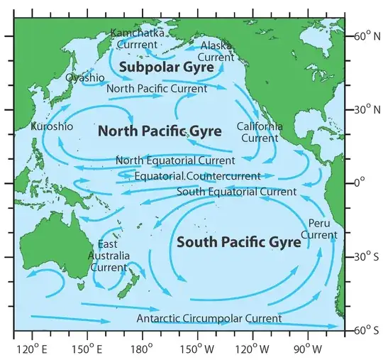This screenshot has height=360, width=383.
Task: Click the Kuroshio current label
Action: pos(52,126)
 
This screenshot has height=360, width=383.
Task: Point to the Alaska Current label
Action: pos(216,51)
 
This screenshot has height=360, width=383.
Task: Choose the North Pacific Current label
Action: pos(157,89)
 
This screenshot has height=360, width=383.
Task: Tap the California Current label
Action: pos(260,132)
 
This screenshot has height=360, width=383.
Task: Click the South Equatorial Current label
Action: pos(236,192)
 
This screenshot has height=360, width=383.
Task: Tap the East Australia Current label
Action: pos(108,256)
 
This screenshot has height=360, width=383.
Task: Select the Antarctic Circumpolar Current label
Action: pos(209,319)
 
